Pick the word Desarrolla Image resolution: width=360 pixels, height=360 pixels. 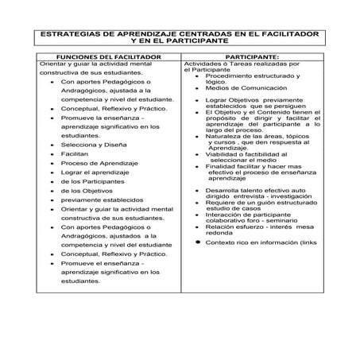tap(222, 191)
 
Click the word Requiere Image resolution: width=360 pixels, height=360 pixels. tap(219, 203)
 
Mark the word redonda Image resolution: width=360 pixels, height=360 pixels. tap(220, 233)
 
